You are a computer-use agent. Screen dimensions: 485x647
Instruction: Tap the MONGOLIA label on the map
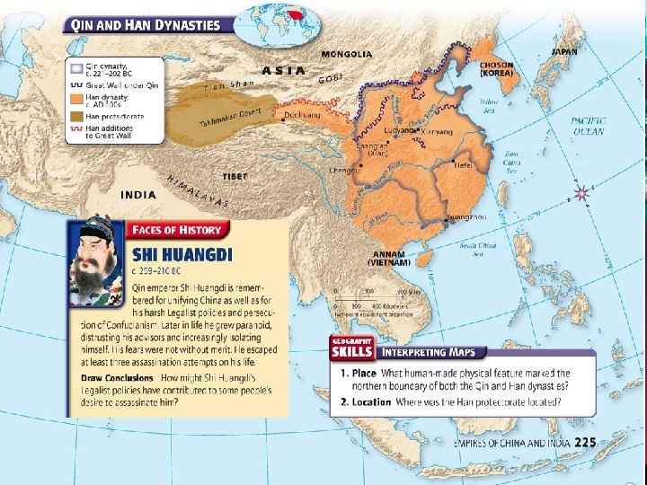346,55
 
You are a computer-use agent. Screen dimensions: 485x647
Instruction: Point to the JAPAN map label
563,52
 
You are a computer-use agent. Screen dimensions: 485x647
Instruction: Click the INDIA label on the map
138,194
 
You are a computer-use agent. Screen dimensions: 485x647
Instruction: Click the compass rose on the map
583,192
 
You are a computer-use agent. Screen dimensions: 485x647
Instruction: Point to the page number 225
585,441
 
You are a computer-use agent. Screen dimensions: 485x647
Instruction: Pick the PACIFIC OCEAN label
588,126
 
